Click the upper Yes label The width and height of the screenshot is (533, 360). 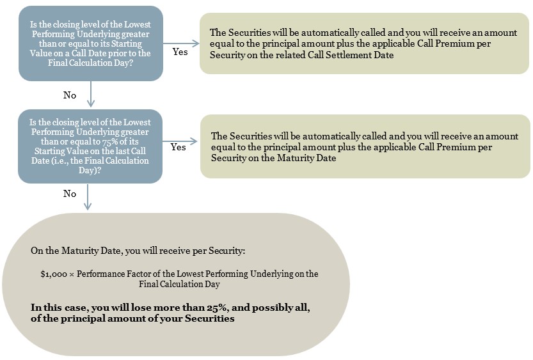[180, 52]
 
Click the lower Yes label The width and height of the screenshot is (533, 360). [178, 147]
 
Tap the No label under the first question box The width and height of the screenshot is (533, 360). [70, 95]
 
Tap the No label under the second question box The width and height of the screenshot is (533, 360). [70, 194]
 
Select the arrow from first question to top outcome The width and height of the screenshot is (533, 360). [181, 43]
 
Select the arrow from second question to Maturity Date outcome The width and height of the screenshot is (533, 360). [180, 141]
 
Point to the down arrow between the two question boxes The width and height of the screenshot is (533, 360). [91, 94]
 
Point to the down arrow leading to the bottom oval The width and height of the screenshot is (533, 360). [88, 197]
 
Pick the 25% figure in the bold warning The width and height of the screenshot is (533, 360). [216, 308]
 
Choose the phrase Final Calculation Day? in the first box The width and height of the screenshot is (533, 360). [90, 63]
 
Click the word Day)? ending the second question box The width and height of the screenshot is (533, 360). [90, 170]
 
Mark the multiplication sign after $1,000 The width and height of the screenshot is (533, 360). [72, 274]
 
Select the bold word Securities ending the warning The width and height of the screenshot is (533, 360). [209, 318]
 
